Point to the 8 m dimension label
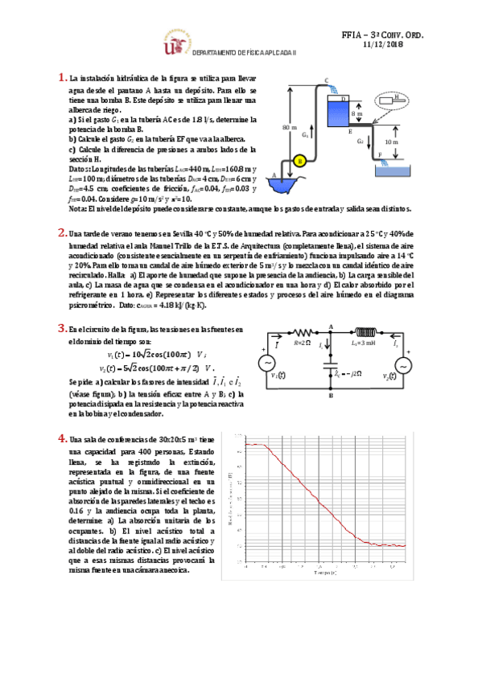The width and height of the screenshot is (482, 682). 359,114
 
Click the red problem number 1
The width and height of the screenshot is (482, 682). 62,78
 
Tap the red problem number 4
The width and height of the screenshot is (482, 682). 62,438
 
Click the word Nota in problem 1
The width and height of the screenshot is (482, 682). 77,209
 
